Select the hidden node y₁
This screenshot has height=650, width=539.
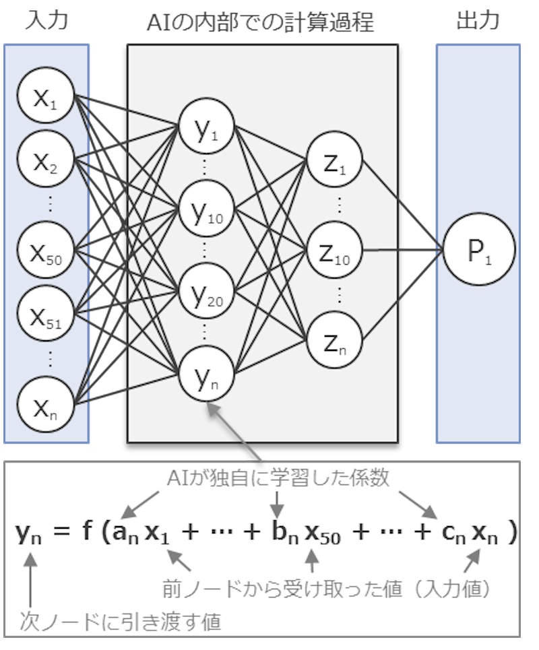click(206, 128)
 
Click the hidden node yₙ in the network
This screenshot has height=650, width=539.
click(206, 375)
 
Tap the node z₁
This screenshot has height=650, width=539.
click(334, 161)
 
